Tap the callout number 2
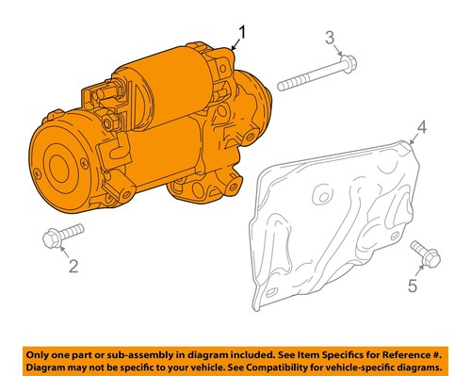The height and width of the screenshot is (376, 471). (73, 267)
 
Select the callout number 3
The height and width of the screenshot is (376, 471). (329, 38)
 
